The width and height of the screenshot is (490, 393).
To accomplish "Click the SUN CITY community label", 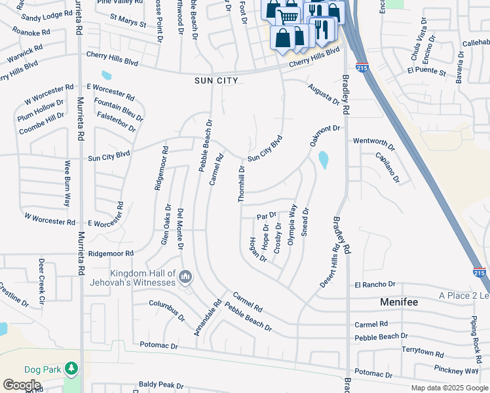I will point(216,80).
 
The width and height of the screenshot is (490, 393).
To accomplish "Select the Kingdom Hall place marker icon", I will point(185,278).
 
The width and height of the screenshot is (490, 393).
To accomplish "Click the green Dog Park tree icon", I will point(71,370).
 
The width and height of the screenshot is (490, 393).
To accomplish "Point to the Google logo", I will point(22,384).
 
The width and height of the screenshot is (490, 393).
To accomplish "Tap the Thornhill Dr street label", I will point(242,183).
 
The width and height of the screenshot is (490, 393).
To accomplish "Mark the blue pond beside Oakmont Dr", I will point(323,159).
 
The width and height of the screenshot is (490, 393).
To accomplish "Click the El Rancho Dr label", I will point(375,284).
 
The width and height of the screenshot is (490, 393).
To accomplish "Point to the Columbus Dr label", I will point(167,310).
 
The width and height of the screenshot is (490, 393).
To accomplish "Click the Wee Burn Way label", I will point(67,183).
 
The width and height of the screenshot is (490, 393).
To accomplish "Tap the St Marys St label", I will point(128,23).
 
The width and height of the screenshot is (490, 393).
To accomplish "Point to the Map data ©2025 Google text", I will point(448,388).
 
